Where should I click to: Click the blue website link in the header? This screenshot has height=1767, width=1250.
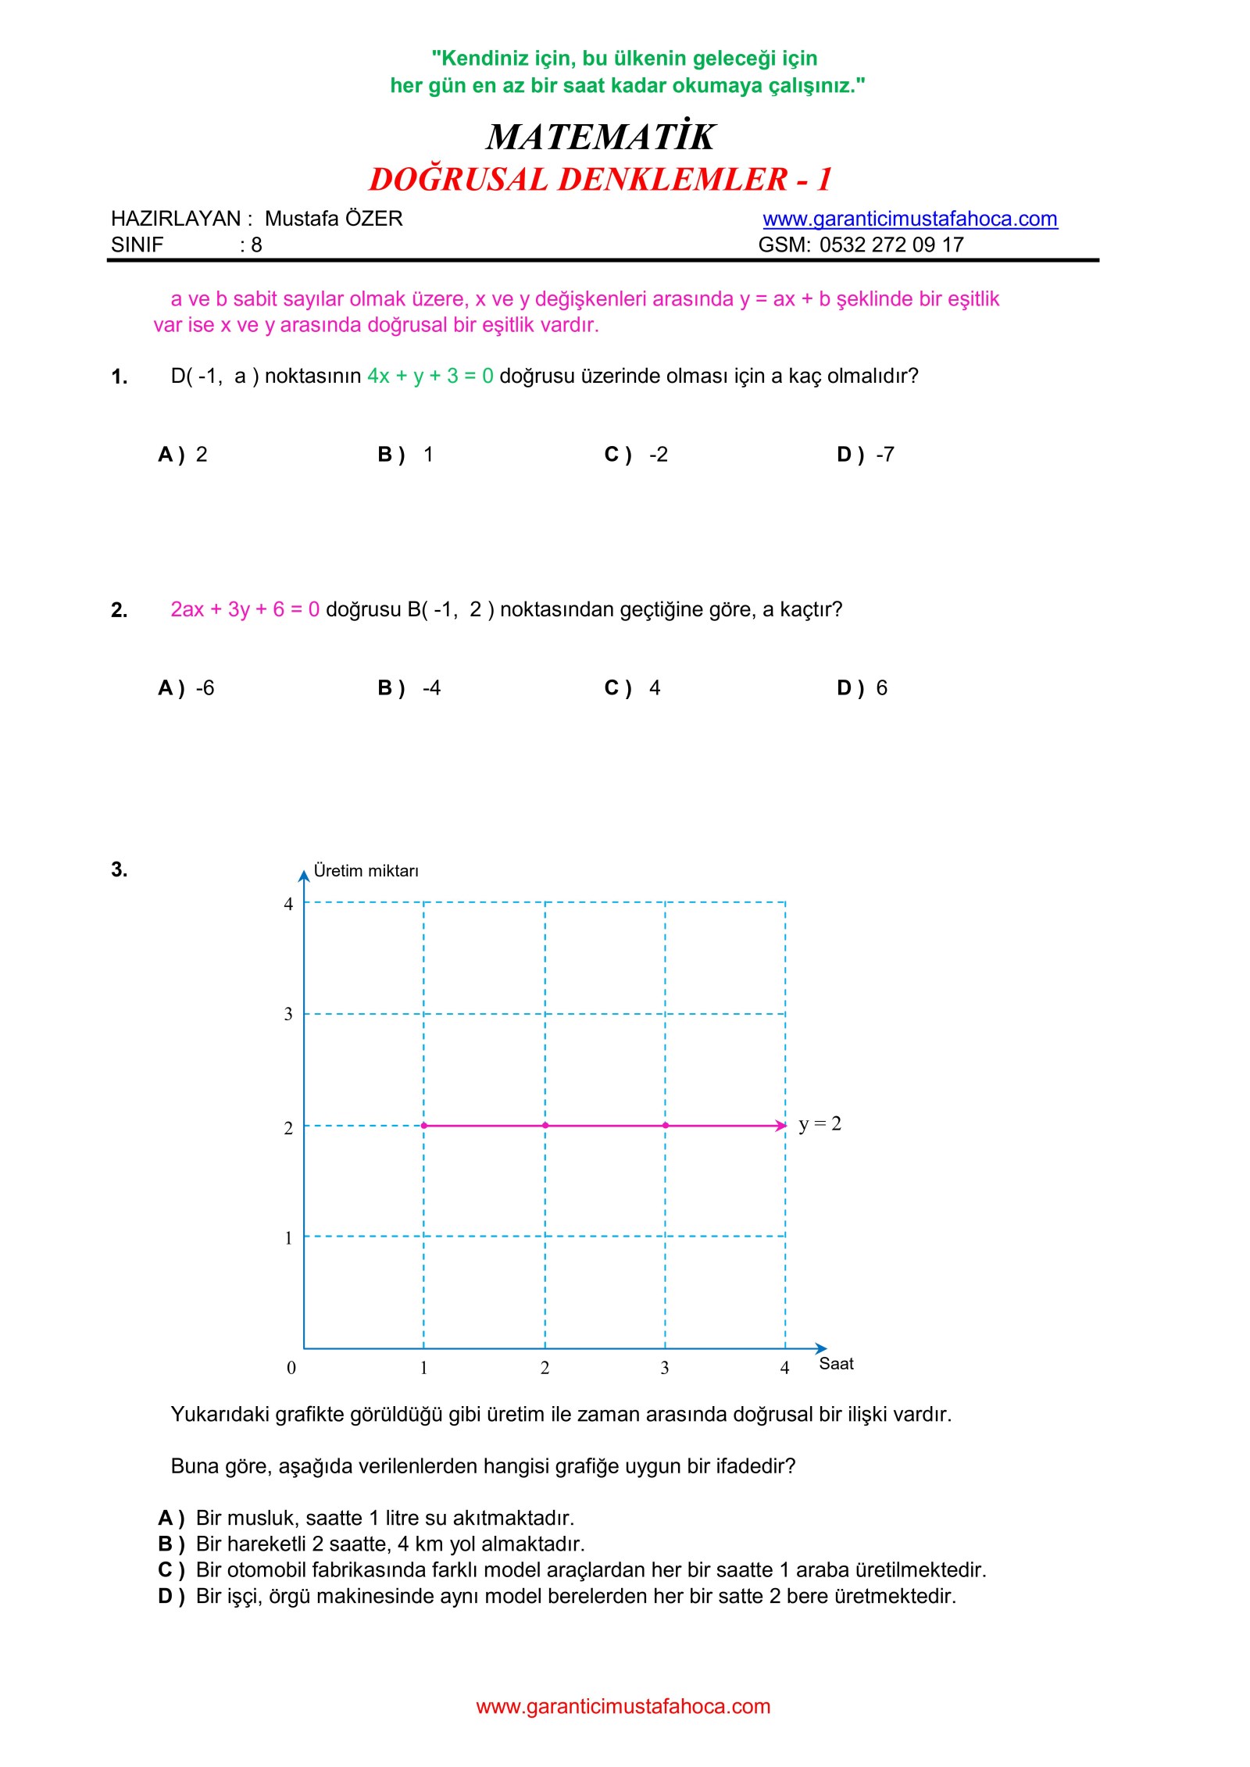click(x=909, y=219)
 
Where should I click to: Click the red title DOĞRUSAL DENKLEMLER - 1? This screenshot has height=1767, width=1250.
click(x=600, y=180)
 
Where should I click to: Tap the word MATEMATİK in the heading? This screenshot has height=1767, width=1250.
click(x=600, y=137)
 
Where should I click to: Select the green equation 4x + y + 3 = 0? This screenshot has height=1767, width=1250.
click(x=430, y=376)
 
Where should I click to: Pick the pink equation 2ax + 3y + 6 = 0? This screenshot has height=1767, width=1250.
click(x=245, y=609)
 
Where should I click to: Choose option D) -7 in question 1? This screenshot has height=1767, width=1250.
click(x=866, y=455)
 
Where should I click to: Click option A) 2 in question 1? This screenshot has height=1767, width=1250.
click(x=183, y=455)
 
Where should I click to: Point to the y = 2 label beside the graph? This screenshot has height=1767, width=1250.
click(x=820, y=1124)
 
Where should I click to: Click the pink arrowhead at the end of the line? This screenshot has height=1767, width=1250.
click(x=780, y=1126)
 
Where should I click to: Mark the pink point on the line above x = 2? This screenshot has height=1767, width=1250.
click(x=545, y=1126)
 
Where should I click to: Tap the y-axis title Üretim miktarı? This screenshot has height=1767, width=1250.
click(x=366, y=871)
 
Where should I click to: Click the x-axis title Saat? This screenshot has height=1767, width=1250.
click(x=836, y=1364)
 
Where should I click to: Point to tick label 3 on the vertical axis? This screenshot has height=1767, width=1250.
click(x=288, y=1014)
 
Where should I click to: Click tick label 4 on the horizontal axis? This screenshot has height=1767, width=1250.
click(x=784, y=1368)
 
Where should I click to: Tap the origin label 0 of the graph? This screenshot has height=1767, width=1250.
click(x=291, y=1368)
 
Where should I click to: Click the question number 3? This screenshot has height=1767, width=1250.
click(x=119, y=869)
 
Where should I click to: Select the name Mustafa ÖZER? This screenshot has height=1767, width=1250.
click(x=334, y=219)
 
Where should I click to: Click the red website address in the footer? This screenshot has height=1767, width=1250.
click(x=623, y=1707)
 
